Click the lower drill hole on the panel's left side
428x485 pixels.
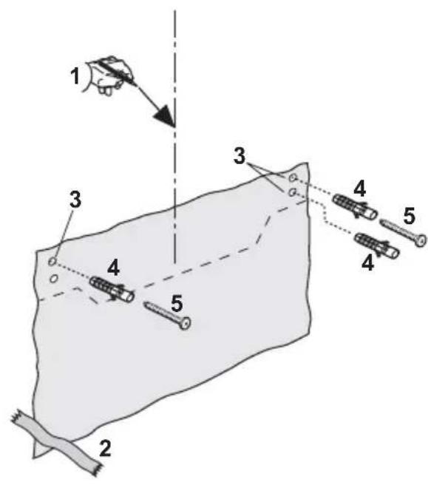[54, 279]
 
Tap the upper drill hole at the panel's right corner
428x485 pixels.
[293, 178]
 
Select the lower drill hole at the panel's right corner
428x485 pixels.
[293, 191]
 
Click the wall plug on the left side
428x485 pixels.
[113, 288]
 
